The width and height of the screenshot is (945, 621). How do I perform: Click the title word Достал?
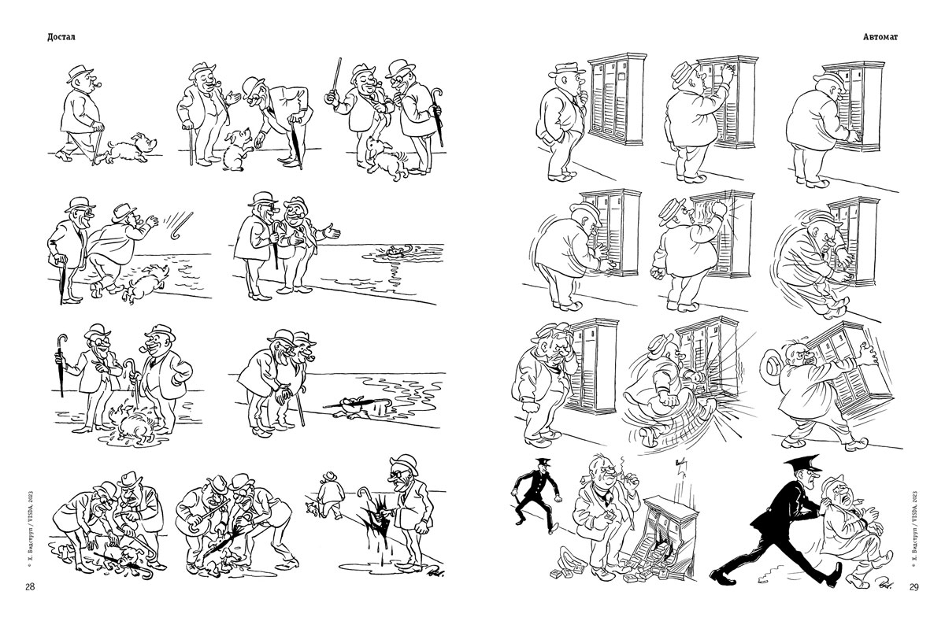[x=61, y=37]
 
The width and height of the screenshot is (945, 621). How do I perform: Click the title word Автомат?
[x=880, y=37]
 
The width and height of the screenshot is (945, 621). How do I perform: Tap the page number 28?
[x=30, y=587]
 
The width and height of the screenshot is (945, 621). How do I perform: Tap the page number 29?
[x=913, y=587]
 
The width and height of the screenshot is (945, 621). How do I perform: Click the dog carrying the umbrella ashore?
[x=354, y=407]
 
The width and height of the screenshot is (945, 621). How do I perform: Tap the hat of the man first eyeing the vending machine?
[x=566, y=69]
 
